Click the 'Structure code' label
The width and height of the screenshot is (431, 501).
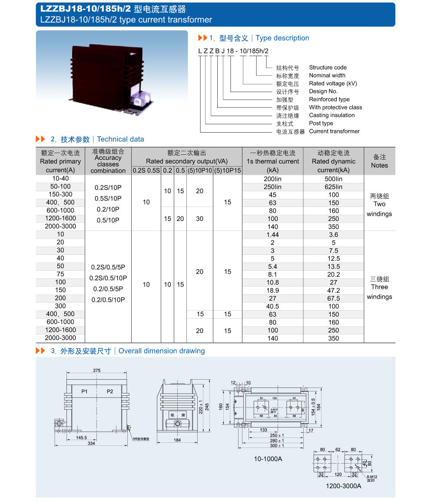click(328, 67)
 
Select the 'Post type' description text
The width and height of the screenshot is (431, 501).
click(321, 123)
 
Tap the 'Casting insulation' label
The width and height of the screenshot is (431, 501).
click(332, 115)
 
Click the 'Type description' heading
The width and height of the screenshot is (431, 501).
click(282, 38)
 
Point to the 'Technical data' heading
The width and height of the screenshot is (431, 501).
click(120, 139)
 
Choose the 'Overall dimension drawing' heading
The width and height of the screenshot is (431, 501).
click(161, 351)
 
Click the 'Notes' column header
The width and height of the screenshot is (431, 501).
click(379, 161)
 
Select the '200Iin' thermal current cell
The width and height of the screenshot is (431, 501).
click(272, 179)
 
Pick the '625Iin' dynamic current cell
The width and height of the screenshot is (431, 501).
click(334, 187)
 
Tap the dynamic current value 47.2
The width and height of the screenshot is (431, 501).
click(334, 291)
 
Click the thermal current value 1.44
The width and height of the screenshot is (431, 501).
click(272, 235)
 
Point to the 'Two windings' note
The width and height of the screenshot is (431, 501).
click(379, 205)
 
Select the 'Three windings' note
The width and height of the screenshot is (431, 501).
click(379, 287)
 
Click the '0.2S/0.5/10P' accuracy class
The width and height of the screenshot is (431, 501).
click(108, 278)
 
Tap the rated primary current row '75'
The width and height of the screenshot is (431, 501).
click(60, 274)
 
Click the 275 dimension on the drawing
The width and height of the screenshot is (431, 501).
click(96, 371)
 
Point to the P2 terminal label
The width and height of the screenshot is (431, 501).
click(110, 391)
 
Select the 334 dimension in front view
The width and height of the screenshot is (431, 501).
click(91, 444)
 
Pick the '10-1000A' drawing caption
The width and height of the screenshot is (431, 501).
click(268, 459)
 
